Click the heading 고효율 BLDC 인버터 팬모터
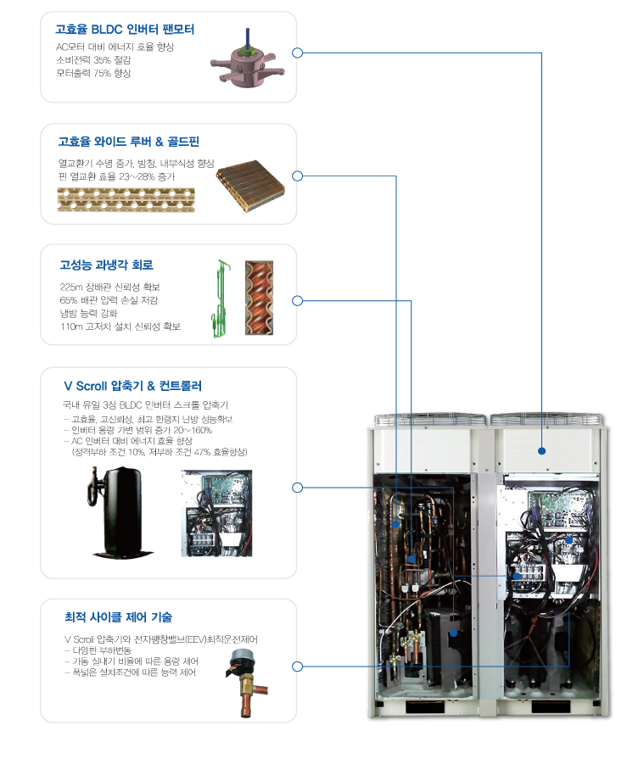click(x=125, y=30)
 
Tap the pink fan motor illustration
click(x=248, y=62)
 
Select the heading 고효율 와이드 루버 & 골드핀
click(x=129, y=142)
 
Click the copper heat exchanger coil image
click(x=250, y=186)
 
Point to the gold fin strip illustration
click(x=126, y=200)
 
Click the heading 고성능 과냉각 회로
click(x=107, y=265)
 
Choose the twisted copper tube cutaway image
click(x=259, y=299)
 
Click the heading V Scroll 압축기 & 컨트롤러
click(x=132, y=386)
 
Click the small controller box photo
click(x=216, y=513)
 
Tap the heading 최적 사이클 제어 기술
click(x=119, y=617)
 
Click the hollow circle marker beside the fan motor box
click(x=297, y=53)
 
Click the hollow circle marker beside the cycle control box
click(x=297, y=667)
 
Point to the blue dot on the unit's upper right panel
click(x=542, y=451)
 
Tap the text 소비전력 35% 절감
click(x=93, y=60)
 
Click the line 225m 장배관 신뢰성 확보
click(x=110, y=287)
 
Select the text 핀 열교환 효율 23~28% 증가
click(x=116, y=176)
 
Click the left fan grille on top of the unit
click(x=430, y=421)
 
